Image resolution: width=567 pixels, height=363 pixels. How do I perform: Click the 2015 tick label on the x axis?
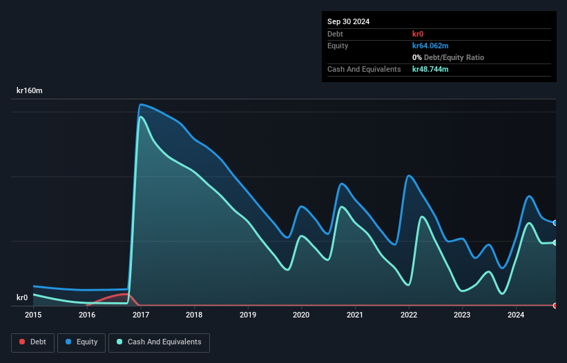point(34,315)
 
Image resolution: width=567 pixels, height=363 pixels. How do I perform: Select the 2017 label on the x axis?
point(141,315)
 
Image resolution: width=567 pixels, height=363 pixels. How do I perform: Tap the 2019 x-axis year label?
point(248,315)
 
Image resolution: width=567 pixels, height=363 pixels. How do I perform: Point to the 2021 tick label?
point(355,315)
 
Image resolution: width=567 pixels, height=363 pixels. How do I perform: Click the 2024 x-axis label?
point(515,315)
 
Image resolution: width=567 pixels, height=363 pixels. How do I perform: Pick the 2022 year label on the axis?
point(409,315)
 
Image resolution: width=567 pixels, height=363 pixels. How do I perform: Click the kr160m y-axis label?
point(30,91)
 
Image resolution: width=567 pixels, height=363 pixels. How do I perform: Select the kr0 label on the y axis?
point(22,298)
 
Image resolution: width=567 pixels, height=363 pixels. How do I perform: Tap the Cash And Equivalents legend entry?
point(159,342)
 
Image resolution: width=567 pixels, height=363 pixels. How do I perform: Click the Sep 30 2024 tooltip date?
point(349,21)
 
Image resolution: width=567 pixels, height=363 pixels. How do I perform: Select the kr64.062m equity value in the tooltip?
point(431,46)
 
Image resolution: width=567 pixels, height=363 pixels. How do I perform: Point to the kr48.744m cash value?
point(431,69)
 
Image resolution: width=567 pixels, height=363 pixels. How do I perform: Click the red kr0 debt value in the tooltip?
point(419,34)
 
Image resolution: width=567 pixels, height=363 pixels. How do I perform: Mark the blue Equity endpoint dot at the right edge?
point(555,223)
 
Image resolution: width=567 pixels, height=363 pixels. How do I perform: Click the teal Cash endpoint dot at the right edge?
point(555,242)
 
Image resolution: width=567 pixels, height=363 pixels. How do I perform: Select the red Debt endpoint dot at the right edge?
point(555,305)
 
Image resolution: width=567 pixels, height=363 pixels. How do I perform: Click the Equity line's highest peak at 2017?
point(141,105)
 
